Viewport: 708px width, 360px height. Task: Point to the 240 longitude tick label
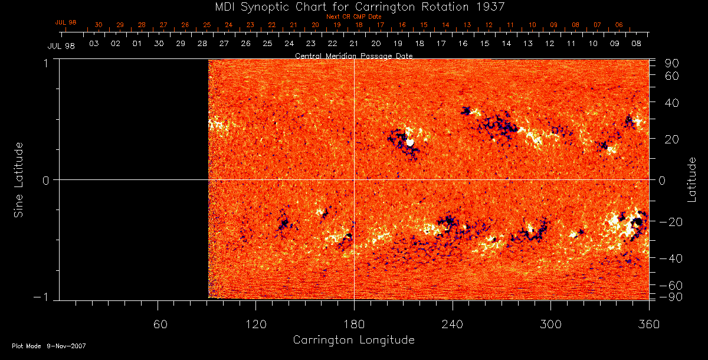tap(453, 325)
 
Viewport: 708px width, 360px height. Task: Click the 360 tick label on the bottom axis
tap(649, 325)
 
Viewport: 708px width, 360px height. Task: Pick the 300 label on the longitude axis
tap(551, 325)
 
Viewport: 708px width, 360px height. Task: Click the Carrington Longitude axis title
tap(353, 340)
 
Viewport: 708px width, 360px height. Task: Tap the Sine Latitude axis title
tap(19, 179)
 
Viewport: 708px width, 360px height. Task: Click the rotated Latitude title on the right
tap(692, 179)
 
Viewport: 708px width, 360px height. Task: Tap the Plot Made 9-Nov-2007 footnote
tap(49, 346)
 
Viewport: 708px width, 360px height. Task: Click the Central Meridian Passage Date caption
tap(353, 55)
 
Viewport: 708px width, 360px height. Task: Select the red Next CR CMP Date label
tap(353, 17)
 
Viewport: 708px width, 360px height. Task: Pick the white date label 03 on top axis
tap(94, 44)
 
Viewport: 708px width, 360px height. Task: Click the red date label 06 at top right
tap(618, 25)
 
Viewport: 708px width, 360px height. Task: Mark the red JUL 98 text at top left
tap(66, 22)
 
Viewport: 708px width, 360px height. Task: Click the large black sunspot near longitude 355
tap(637, 222)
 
